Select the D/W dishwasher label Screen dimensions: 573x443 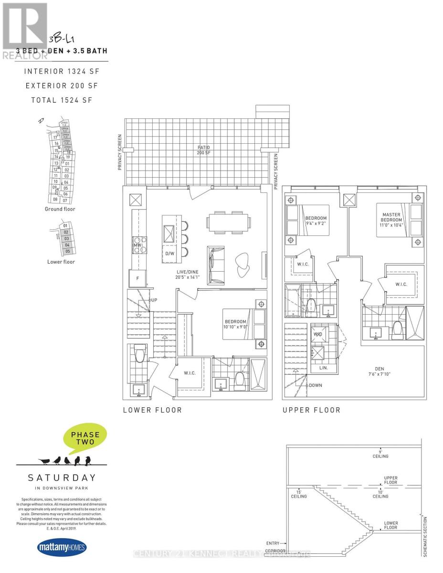coord(169,254)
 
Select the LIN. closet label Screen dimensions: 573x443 coord(317,368)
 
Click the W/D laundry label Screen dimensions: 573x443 coord(317,334)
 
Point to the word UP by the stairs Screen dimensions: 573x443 coord(154,300)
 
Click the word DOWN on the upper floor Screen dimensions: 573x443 coord(315,385)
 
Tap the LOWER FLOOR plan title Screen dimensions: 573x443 coord(152,410)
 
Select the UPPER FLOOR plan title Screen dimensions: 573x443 coord(311,410)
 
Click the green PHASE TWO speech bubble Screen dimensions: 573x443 coord(85,438)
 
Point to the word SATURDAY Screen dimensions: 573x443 coord(62,477)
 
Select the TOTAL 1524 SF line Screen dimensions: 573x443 coord(61,100)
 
